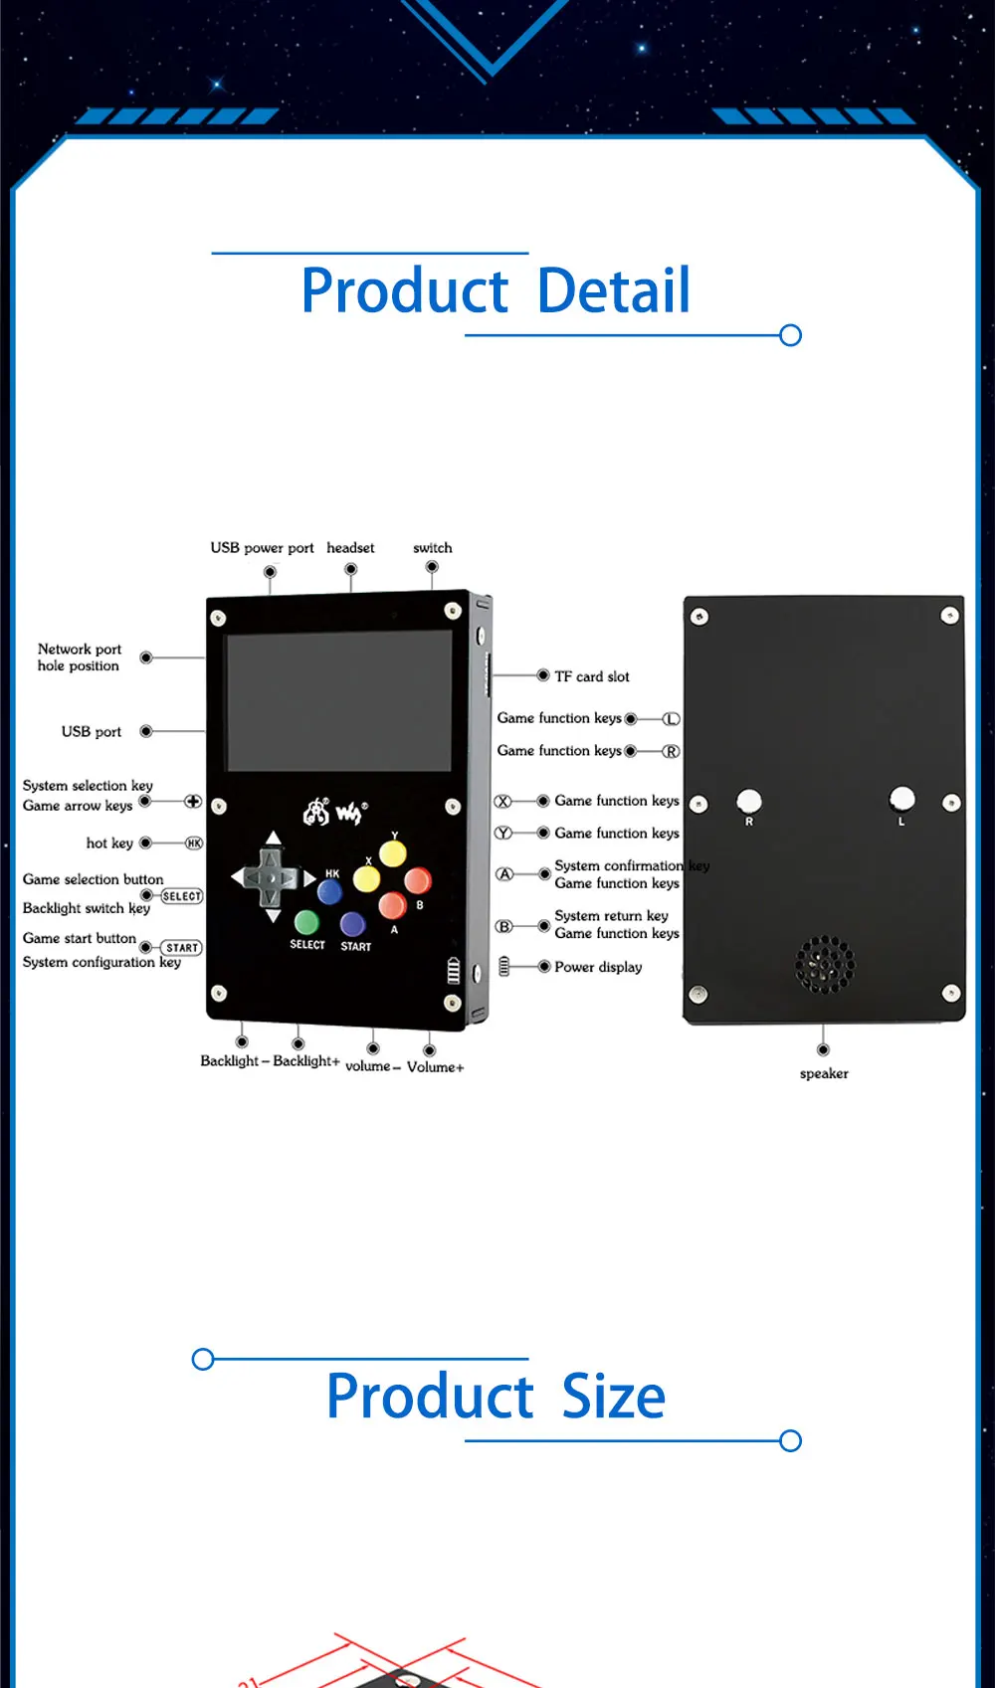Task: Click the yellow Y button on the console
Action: coord(393,853)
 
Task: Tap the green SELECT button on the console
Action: coord(306,922)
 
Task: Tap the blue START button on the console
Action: coord(353,925)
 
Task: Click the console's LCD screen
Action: coord(338,701)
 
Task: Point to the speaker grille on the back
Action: coord(825,964)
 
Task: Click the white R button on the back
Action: coord(748,801)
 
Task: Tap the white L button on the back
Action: coord(901,799)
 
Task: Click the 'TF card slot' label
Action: coord(591,676)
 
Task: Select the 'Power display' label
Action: coord(598,967)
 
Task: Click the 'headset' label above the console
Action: coord(350,548)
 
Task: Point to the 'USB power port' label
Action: coord(262,548)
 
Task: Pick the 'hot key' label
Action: coord(109,844)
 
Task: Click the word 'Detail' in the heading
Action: coord(613,291)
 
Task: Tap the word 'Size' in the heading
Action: coord(613,1397)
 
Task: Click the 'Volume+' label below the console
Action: coord(435,1067)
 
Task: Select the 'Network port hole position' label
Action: coord(79,657)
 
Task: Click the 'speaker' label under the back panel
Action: coord(824,1074)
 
